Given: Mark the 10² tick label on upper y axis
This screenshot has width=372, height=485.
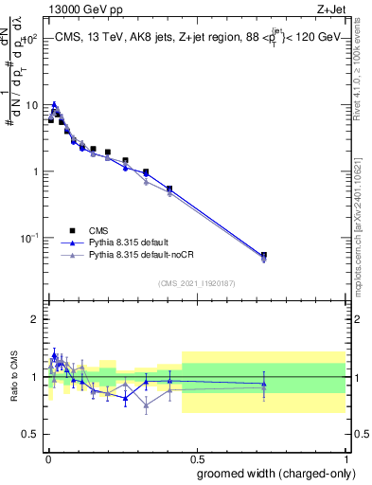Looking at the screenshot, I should [x=31, y=40].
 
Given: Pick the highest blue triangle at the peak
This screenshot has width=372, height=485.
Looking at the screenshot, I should [x=54, y=104].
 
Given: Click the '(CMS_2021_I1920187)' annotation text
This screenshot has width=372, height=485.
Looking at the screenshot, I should [x=196, y=281].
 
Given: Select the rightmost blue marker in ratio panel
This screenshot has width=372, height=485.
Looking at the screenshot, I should [x=264, y=384].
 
